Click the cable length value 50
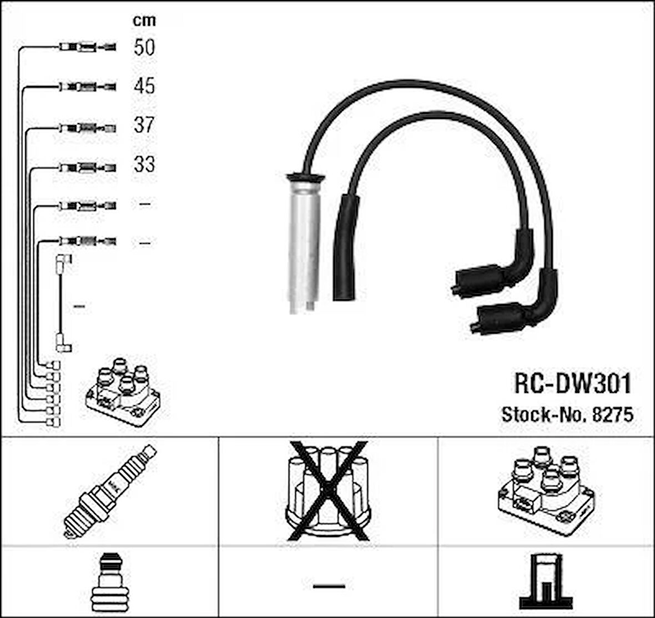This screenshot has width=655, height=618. point(144,47)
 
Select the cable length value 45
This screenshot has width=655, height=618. point(144,86)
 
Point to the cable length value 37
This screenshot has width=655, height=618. point(144,124)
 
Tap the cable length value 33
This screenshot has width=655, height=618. point(144,164)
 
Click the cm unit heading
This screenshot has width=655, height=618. point(144,20)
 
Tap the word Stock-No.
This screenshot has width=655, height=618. point(545,415)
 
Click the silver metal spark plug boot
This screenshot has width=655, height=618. point(305,243)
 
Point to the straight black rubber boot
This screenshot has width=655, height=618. point(345,247)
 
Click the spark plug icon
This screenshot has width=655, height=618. point(110,491)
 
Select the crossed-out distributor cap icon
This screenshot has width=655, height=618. point(329,491)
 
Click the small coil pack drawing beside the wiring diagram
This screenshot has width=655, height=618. point(123,392)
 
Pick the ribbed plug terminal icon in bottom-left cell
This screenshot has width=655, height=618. point(110,582)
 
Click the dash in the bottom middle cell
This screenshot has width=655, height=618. point(329,586)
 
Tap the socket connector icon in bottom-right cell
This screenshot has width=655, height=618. point(546,581)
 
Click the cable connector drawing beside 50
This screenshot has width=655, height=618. point(87,47)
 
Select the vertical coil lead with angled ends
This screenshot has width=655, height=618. point(63,303)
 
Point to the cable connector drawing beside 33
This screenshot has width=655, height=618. point(87,168)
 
